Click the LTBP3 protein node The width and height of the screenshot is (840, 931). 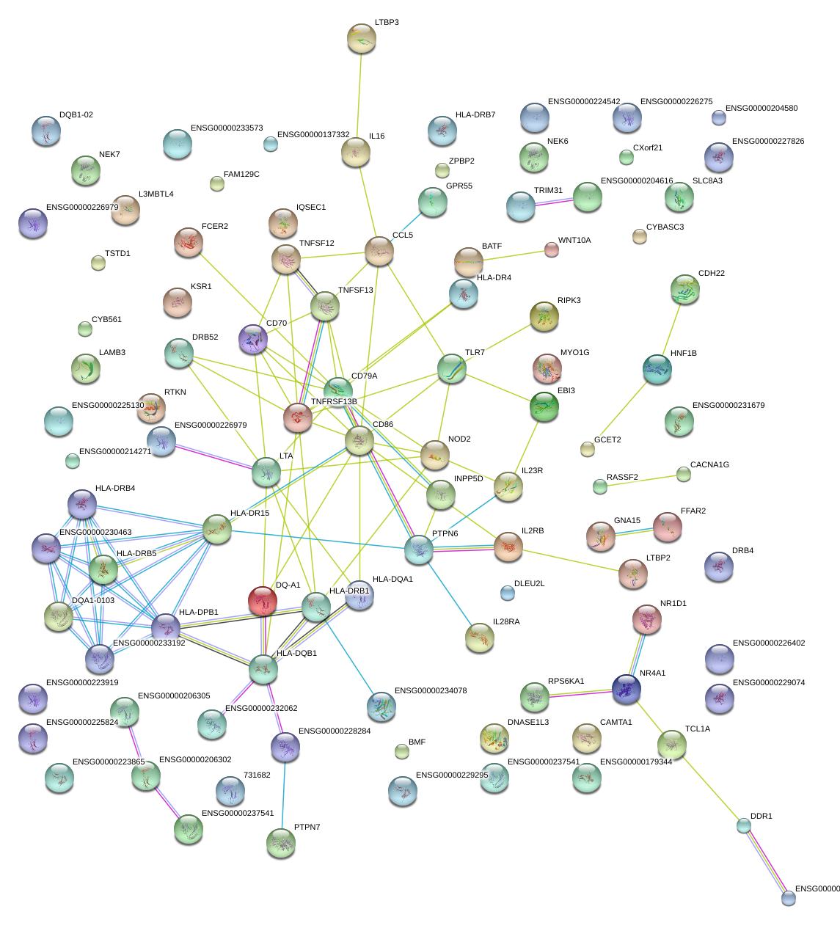(x=361, y=38)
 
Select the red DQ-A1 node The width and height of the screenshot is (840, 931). (x=263, y=600)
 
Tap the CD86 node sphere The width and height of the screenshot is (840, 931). (x=359, y=440)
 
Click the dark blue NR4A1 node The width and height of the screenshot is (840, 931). (x=627, y=689)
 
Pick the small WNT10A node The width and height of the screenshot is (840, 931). (x=552, y=249)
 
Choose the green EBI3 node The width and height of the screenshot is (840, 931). (x=544, y=406)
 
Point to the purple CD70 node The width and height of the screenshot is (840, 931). (x=253, y=339)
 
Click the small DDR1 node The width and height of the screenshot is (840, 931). (x=744, y=825)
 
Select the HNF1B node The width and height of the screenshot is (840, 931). (x=657, y=369)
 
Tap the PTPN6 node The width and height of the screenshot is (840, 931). (x=419, y=549)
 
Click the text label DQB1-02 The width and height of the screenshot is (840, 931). (x=76, y=115)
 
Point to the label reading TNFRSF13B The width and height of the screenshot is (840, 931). (x=334, y=402)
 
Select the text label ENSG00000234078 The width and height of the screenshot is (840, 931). (x=431, y=691)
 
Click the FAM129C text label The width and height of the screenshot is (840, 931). (x=241, y=175)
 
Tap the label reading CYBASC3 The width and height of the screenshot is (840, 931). (x=665, y=227)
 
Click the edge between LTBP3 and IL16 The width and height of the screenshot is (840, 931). (x=359, y=95)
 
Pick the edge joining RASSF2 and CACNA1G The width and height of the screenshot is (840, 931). (x=642, y=480)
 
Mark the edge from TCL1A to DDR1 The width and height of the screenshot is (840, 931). (x=708, y=785)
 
